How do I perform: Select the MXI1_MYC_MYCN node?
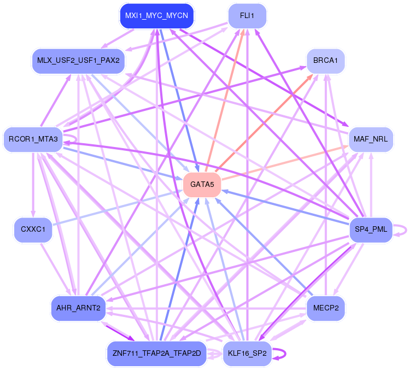(x=156, y=15)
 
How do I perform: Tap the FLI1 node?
(x=247, y=15)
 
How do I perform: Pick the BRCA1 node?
(x=326, y=60)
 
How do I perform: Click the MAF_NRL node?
(x=371, y=139)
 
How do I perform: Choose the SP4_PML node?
(x=371, y=229)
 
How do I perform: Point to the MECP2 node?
(x=326, y=308)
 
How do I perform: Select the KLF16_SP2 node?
(x=247, y=354)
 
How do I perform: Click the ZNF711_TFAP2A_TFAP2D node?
(x=156, y=354)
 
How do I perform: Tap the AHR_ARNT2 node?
(x=77, y=308)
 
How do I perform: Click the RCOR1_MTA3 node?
(x=33, y=139)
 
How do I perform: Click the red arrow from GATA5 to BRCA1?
(x=268, y=115)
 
